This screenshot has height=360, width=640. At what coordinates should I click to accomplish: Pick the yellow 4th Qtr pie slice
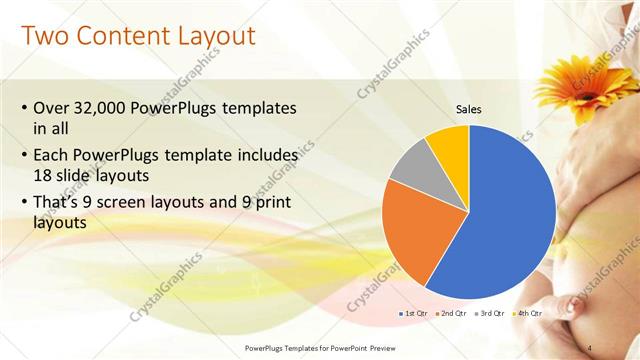pos(448,145)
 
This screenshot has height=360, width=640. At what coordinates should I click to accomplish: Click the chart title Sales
pos(470,109)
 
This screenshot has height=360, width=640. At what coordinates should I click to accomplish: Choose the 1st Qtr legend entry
pos(414,313)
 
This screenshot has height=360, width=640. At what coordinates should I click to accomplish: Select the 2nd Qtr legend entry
pos(456,313)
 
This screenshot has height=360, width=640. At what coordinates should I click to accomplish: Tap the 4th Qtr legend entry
pos(528,313)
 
